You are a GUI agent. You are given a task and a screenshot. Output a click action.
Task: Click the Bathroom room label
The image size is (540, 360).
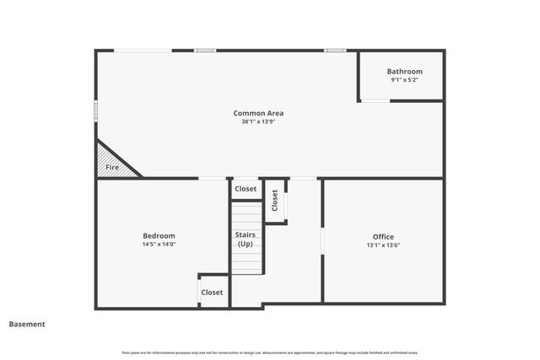coord(404,72)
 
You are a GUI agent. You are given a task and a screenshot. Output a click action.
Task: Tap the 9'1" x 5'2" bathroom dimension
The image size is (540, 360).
coord(404,80)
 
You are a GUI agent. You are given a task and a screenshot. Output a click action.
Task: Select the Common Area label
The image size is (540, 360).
coord(258,113)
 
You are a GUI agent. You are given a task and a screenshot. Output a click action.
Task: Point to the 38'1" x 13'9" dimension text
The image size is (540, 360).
coord(258,121)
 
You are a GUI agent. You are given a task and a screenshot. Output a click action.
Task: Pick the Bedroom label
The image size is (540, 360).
coord(159,235)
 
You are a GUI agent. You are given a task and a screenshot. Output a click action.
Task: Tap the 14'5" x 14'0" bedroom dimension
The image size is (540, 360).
coord(159,244)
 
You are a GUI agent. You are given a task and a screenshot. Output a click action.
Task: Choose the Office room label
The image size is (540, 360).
coord(383,236)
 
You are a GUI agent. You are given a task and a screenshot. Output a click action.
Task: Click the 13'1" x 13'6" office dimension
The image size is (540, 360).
coord(383,245)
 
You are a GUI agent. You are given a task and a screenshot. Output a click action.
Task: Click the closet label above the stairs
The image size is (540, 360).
coord(246,189)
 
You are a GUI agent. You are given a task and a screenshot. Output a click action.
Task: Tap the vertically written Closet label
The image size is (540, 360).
coord(275,200)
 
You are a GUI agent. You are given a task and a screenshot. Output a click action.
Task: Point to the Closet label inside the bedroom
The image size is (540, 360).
coord(212,293)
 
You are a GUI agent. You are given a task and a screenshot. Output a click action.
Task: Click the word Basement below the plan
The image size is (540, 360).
coord(27,324)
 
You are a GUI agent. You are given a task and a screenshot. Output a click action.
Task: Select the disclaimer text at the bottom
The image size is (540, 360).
coord(270,352)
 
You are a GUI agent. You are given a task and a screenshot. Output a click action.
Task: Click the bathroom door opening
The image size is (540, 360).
coord(375,101)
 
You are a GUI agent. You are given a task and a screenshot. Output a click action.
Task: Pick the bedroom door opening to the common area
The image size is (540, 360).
coord(212,179)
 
